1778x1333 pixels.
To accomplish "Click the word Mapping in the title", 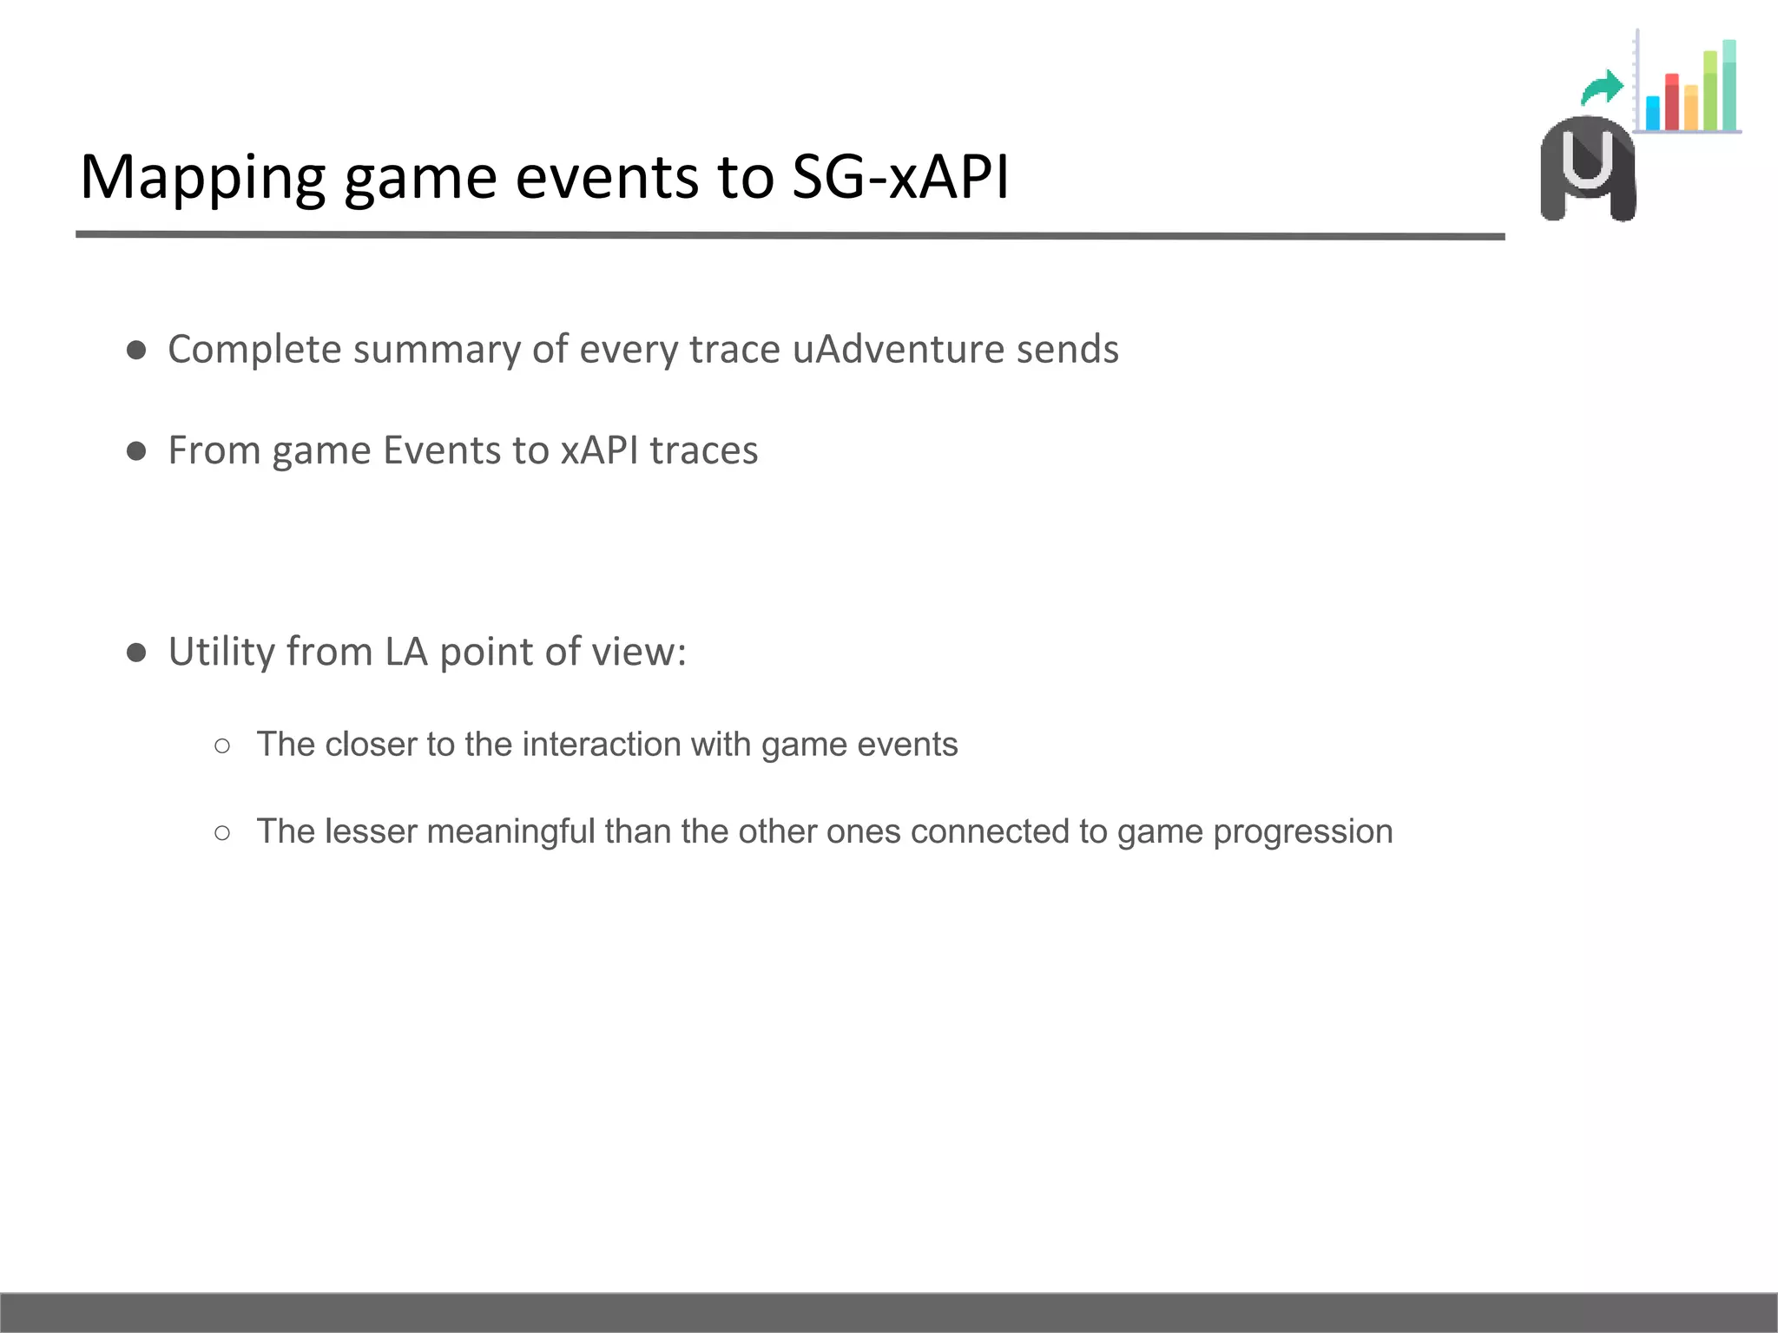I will coord(202,178).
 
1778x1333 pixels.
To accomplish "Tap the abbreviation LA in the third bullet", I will coord(405,652).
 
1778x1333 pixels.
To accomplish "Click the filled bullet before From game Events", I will coord(136,450).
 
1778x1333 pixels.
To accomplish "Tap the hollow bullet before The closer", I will coord(222,745).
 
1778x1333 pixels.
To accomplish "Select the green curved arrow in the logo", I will coord(1603,88).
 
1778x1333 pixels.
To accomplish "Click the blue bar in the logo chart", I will coord(1652,113).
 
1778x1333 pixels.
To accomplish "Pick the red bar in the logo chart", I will coord(1671,102).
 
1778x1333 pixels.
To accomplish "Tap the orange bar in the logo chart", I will coord(1690,108).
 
